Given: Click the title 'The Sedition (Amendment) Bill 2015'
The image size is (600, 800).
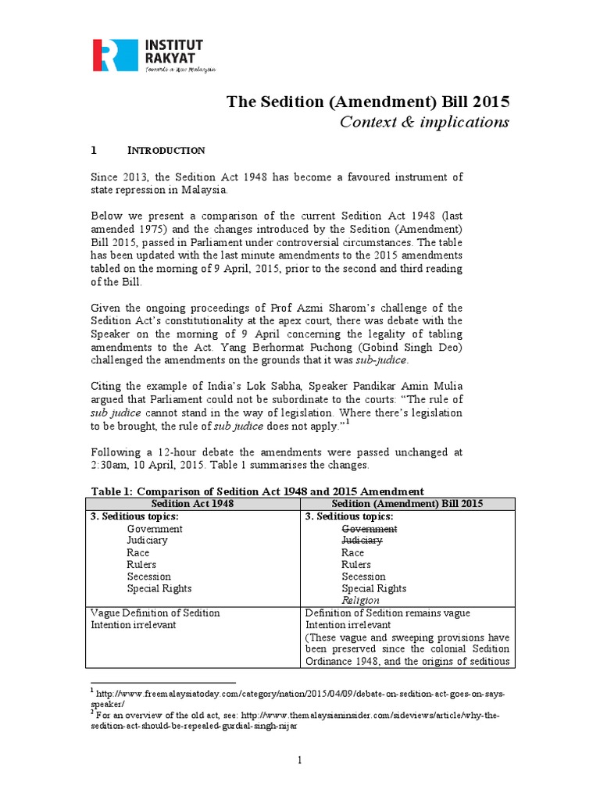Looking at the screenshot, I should coord(368,102).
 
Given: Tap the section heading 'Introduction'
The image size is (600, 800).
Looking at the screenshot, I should coord(166,150).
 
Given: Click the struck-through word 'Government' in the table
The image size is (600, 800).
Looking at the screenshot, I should coord(370,528).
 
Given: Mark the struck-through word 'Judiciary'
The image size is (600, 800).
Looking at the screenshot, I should coord(362,540).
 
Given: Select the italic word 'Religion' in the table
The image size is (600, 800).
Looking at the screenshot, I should coord(360,601).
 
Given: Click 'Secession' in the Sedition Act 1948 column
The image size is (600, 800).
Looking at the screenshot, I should coord(149,577).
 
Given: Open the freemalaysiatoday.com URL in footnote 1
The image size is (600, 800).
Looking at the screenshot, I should coord(301,694).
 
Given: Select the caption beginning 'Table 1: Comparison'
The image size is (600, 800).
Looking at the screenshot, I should coord(258,491).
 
